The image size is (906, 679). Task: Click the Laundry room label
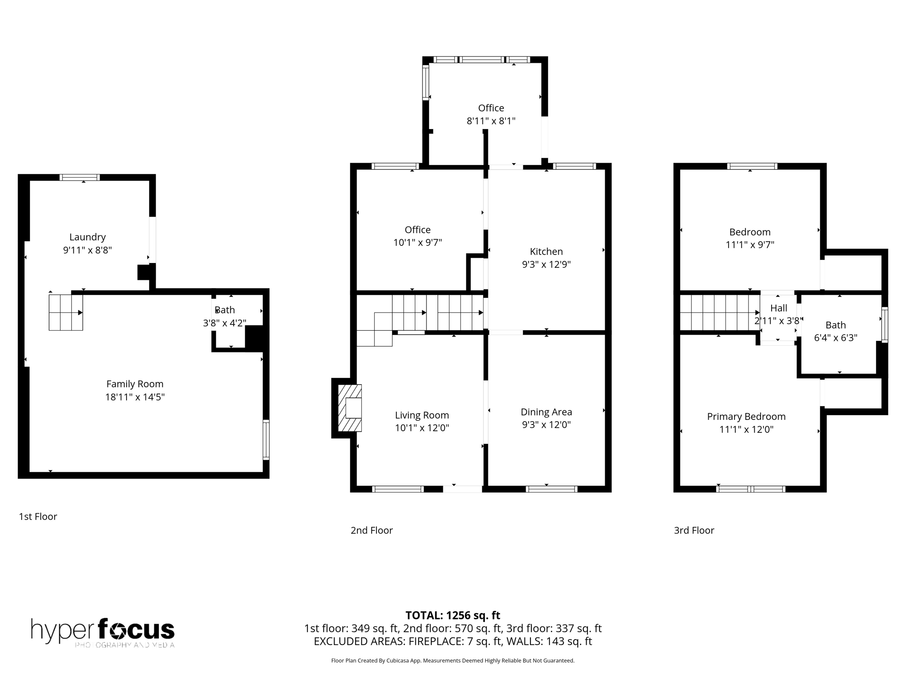pyautogui.click(x=87, y=237)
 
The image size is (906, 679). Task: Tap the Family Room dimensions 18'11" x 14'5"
pyautogui.click(x=134, y=397)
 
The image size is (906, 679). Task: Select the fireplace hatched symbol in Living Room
pyautogui.click(x=349, y=408)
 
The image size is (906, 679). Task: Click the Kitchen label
pyautogui.click(x=546, y=252)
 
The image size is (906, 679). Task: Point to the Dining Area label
pyautogui.click(x=546, y=412)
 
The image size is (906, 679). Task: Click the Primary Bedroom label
pyautogui.click(x=746, y=416)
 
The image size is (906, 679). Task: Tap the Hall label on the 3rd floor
pyautogui.click(x=779, y=308)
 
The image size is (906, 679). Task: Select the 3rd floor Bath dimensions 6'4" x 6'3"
pyautogui.click(x=835, y=338)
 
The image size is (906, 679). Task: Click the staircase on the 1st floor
pyautogui.click(x=65, y=313)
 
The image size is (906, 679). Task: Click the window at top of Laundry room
pyautogui.click(x=80, y=177)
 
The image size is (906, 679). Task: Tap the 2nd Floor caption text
pyautogui.click(x=371, y=530)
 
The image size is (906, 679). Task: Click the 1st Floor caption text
pyautogui.click(x=38, y=516)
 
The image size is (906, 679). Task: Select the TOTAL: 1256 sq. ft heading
pyautogui.click(x=453, y=615)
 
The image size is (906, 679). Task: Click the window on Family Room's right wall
pyautogui.click(x=266, y=439)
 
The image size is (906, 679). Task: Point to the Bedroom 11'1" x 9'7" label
pyautogui.click(x=749, y=238)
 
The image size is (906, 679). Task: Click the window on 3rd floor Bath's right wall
pyautogui.click(x=884, y=325)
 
